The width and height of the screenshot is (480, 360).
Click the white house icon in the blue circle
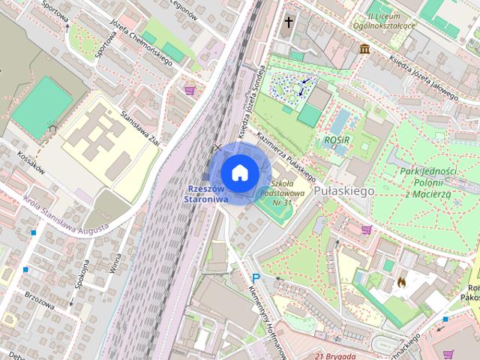coord(239,172)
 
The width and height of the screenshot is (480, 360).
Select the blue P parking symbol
coord(256,277)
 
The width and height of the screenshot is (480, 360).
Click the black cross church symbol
coord(287,23)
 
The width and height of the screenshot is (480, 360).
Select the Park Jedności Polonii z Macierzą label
coord(428,182)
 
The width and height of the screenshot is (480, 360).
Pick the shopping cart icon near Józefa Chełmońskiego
coord(190,90)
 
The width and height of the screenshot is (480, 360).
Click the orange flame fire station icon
coord(402,282)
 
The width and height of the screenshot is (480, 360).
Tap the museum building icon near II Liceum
coord(364,49)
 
